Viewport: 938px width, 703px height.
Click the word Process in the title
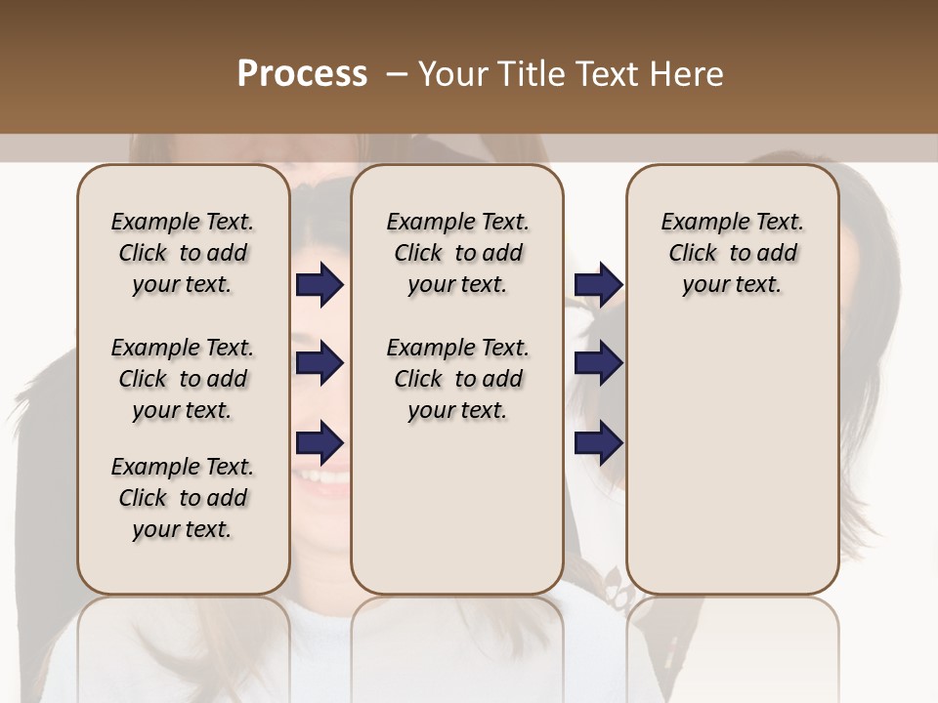[302, 74]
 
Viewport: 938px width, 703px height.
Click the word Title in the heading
[527, 74]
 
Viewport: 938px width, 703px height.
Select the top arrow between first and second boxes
[320, 285]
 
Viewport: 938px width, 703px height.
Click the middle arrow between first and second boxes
[320, 364]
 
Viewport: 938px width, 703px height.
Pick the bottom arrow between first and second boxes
[320, 443]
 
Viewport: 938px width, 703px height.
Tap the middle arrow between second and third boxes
[598, 364]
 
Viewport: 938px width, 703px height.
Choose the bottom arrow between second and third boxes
[598, 443]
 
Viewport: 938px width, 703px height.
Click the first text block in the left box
[183, 253]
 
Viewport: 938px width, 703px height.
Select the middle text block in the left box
[183, 379]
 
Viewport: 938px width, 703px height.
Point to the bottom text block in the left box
[183, 498]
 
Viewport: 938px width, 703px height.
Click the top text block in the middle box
[457, 253]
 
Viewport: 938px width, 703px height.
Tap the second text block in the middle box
[457, 379]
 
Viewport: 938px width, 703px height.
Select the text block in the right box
[733, 253]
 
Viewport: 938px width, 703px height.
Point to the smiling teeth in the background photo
[323, 478]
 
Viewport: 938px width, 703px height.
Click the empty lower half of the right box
[733, 469]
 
